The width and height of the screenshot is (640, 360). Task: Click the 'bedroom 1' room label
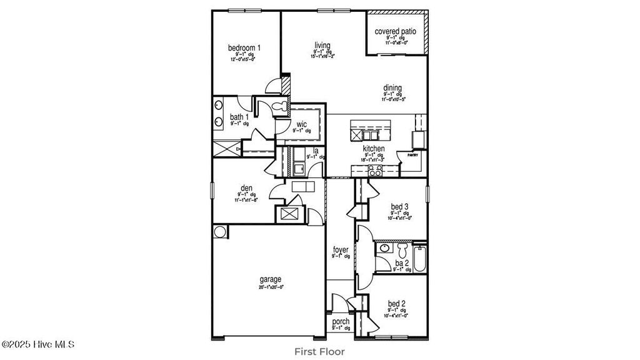[244, 47]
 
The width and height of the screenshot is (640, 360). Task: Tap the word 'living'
[322, 45]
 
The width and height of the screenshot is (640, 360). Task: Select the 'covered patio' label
[396, 31]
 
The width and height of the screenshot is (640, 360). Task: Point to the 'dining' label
[393, 88]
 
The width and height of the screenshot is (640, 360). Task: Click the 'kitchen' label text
[374, 149]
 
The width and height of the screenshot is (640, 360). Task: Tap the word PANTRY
[412, 154]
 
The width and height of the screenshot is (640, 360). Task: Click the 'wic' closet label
[301, 124]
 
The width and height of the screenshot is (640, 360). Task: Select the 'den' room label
[246, 187]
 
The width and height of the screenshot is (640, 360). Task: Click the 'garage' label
[271, 279]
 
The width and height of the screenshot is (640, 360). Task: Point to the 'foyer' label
[341, 250]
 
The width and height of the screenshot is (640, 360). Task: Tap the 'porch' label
[341, 322]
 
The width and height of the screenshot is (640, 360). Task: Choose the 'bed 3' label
[401, 207]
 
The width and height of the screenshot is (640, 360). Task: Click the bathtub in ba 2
[419, 258]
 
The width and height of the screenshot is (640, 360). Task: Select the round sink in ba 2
[384, 249]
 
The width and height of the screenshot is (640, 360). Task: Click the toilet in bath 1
[281, 105]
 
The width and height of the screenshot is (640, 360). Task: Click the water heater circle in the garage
[220, 232]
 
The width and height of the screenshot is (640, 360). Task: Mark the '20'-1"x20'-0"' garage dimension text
[271, 287]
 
